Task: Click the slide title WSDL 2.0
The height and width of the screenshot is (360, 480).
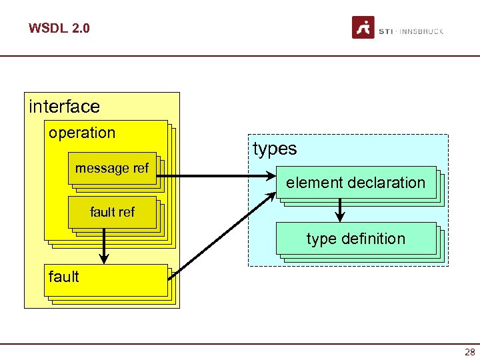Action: pos(59,29)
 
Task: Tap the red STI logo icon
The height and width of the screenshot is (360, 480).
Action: pos(363,28)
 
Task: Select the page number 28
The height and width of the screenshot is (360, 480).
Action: pos(470,352)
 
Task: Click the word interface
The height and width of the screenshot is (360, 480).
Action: pos(64,107)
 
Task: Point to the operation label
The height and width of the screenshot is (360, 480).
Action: pos(82,133)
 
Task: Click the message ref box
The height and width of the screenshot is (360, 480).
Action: pos(112,168)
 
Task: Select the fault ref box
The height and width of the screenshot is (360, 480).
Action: pos(112,212)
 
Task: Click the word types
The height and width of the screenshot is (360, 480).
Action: pos(275,149)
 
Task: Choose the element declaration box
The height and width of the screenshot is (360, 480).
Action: pos(355,182)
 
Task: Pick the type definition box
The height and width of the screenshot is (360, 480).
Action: pos(355,239)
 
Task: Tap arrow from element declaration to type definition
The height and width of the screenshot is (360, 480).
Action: pos(340,210)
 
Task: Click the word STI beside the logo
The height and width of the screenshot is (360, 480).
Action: pos(385,31)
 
